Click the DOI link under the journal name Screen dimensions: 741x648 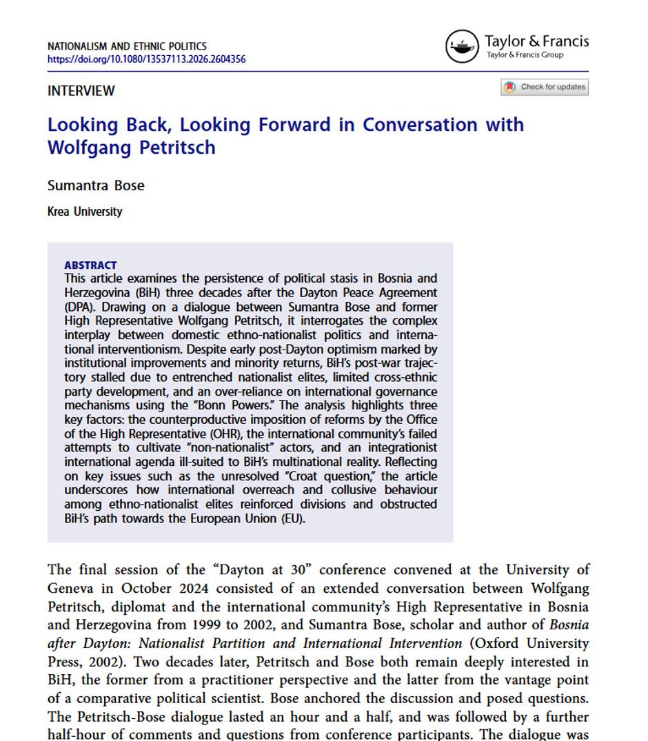click(x=146, y=59)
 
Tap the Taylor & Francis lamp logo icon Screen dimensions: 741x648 click(x=462, y=47)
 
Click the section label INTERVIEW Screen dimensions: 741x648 click(x=81, y=91)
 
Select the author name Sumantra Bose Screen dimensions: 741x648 click(x=96, y=185)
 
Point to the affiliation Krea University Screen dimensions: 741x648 click(x=85, y=212)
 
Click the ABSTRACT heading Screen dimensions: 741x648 click(x=90, y=265)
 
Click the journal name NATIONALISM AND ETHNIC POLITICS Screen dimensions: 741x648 click(x=127, y=47)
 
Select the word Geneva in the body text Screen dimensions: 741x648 click(x=70, y=589)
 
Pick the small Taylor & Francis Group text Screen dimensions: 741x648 click(x=525, y=55)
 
